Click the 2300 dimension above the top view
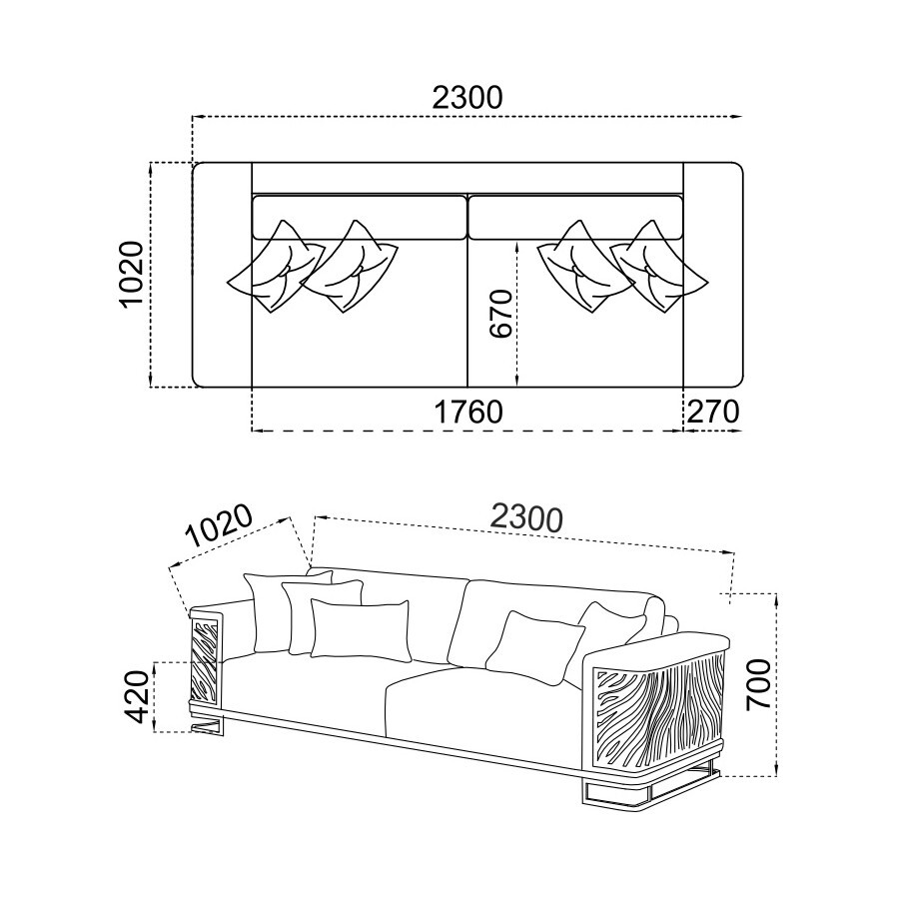click(466, 98)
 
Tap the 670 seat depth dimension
click(500, 314)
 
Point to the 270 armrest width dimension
click(713, 412)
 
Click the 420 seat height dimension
click(138, 696)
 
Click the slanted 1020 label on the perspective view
click(220, 526)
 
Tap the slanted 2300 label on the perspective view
click(526, 518)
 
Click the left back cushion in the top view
click(360, 218)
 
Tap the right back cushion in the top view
click(576, 218)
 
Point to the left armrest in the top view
click(222, 275)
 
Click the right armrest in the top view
click(713, 275)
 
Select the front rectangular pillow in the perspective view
click(361, 629)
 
